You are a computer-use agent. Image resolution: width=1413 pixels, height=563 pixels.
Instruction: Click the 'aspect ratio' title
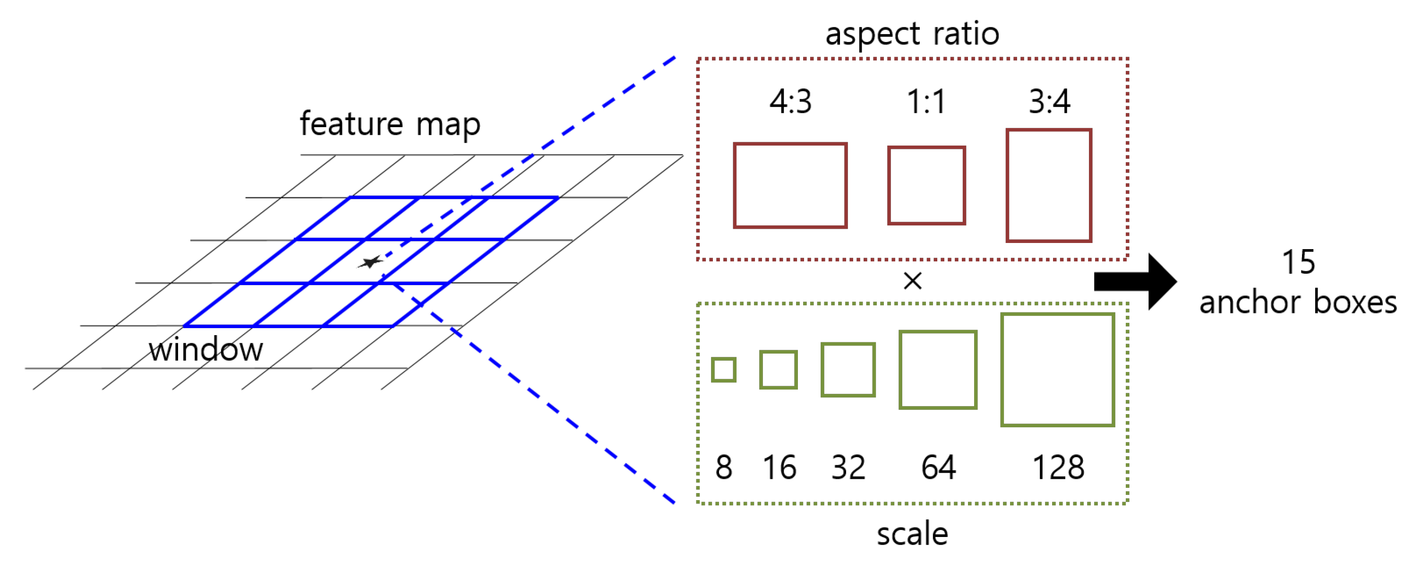(912, 34)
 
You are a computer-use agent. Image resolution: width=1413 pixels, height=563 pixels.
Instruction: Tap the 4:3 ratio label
(790, 102)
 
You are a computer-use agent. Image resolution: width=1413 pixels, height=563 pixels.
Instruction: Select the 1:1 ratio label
(926, 102)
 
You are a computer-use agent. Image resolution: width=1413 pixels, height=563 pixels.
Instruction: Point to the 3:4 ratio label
(1049, 102)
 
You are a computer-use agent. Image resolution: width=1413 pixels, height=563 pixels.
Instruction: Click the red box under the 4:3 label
(790, 185)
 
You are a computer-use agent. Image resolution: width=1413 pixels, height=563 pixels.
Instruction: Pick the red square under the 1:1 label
(926, 185)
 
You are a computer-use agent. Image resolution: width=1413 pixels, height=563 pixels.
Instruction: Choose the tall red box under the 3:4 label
(1048, 185)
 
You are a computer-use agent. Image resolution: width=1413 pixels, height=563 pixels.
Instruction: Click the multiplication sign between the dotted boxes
(912, 281)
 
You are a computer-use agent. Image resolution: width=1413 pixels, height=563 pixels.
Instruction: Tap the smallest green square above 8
(723, 369)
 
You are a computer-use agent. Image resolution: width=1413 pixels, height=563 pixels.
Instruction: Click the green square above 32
(848, 369)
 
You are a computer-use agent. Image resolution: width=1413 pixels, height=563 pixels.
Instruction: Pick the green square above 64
(937, 369)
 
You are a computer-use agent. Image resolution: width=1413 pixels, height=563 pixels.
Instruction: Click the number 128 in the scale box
(1058, 468)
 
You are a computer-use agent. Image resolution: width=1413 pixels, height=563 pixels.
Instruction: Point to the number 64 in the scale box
(938, 468)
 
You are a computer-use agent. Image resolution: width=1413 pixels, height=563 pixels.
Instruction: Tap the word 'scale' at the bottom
(912, 533)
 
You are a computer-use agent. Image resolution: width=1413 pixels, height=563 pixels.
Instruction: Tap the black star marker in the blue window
(371, 262)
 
